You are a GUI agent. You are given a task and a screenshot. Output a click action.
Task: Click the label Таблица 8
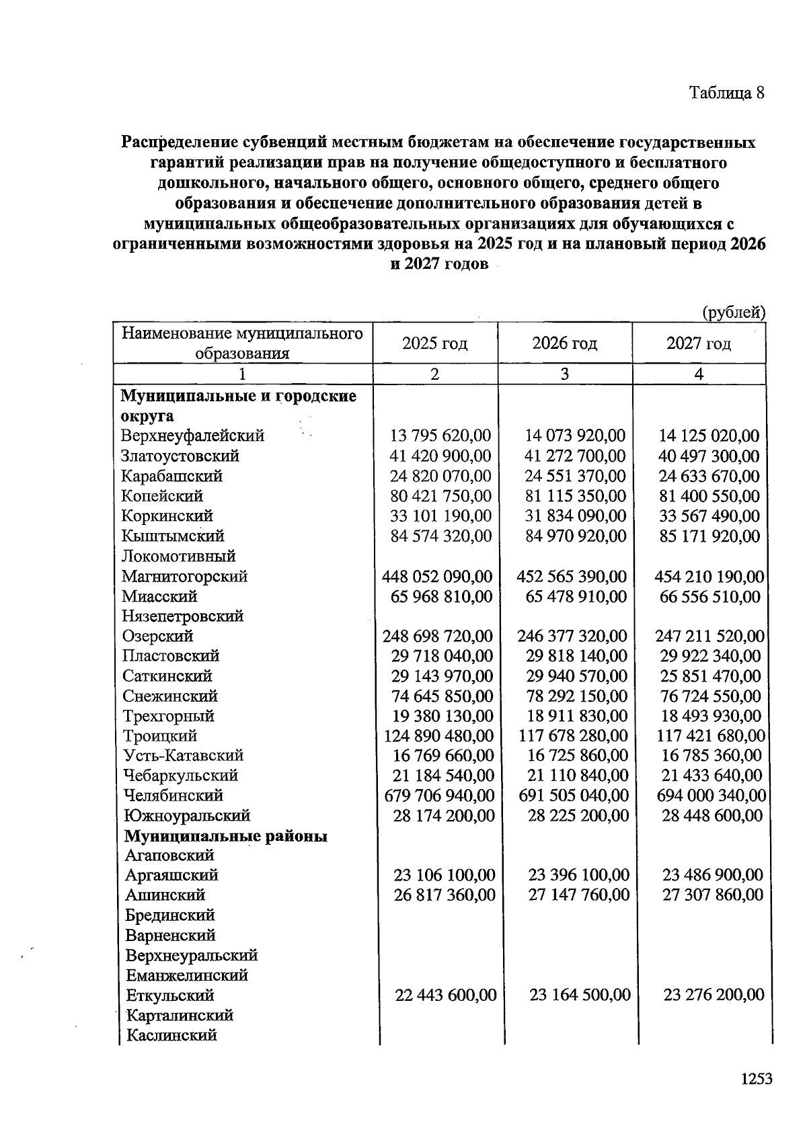(726, 93)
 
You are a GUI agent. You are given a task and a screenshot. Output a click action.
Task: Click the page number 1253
(756, 1078)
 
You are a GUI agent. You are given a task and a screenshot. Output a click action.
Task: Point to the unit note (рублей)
(733, 313)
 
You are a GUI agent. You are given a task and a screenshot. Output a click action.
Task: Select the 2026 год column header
(564, 343)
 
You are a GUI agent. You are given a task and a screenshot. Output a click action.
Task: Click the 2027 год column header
(699, 343)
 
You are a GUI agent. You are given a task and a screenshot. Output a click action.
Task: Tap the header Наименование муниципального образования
(242, 343)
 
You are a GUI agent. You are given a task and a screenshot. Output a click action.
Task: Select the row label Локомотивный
(178, 557)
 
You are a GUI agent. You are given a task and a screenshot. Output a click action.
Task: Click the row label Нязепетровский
(182, 616)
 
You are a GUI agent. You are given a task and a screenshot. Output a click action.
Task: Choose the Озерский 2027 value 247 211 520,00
(709, 636)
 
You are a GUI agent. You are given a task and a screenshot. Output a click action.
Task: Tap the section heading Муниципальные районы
(226, 836)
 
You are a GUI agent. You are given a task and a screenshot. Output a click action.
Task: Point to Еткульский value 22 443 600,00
(445, 995)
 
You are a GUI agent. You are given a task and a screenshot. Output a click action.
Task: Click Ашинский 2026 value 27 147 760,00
(578, 895)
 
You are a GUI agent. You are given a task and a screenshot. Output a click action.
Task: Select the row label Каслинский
(171, 1035)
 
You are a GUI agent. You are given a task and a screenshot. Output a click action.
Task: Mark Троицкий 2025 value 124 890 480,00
(438, 736)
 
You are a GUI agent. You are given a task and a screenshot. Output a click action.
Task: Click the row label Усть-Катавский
(184, 756)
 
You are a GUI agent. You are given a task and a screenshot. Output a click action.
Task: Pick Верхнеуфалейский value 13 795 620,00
(440, 436)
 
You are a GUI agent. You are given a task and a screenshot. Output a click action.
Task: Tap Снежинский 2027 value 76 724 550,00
(710, 696)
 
